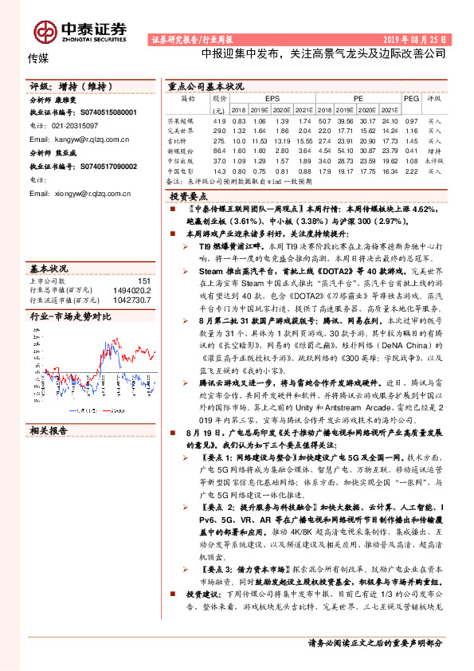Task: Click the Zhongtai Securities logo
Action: coord(79,29)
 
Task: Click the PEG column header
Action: coord(411,98)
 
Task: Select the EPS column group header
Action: coord(272,98)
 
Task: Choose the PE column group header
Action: coord(358,98)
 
